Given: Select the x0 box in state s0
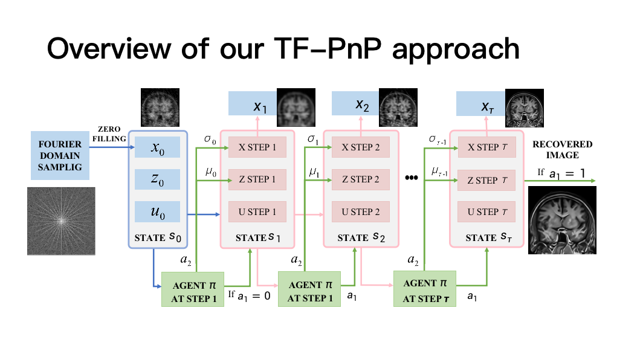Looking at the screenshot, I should pyautogui.click(x=157, y=147).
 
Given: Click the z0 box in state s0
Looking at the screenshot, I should pyautogui.click(x=157, y=179).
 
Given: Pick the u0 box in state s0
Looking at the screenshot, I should pyautogui.click(x=157, y=211).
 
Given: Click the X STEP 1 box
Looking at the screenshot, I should pyautogui.click(x=257, y=147).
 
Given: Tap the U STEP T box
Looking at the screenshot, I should pyautogui.click(x=487, y=211).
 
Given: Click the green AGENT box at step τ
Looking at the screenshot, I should pyautogui.click(x=425, y=289).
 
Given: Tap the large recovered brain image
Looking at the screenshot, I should pyautogui.click(x=562, y=219).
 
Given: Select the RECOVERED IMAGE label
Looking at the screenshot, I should pyautogui.click(x=562, y=150).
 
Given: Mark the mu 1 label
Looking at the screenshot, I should pyautogui.click(x=314, y=173).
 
